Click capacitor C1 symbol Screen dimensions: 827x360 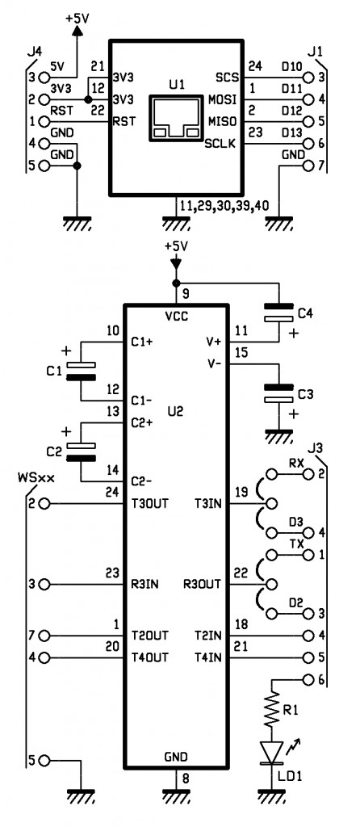point(82,371)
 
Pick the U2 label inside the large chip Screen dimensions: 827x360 point(177,411)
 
